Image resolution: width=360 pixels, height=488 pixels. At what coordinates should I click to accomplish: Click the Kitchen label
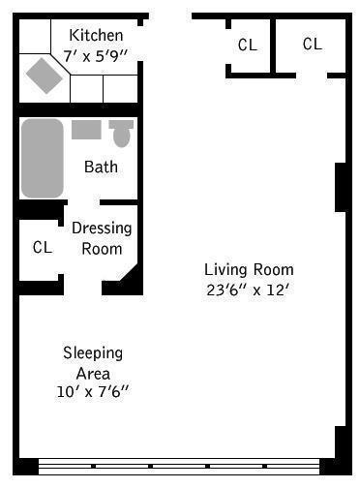95,35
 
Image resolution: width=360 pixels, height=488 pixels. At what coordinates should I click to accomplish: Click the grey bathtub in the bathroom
42,158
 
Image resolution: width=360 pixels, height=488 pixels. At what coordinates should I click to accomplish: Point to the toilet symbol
121,132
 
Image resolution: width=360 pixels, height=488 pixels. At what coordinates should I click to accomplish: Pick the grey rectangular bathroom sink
86,130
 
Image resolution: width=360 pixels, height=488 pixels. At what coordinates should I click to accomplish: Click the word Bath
101,167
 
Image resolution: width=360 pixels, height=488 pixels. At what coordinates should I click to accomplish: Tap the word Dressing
102,229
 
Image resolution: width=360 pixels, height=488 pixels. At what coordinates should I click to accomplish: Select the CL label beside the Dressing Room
42,248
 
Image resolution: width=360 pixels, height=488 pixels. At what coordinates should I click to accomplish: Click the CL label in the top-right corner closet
312,44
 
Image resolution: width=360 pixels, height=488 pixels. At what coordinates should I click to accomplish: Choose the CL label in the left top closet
248,45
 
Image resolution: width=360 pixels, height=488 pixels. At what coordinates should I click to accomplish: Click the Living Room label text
249,269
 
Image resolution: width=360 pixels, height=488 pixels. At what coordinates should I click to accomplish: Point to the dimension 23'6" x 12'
249,289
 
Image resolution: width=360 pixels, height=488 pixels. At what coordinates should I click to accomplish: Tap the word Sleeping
93,353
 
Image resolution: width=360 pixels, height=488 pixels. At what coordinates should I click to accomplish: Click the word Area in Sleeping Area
93,373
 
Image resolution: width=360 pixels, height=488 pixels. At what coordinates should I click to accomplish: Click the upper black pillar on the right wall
340,187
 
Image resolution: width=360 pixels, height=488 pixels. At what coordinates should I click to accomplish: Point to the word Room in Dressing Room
103,248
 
